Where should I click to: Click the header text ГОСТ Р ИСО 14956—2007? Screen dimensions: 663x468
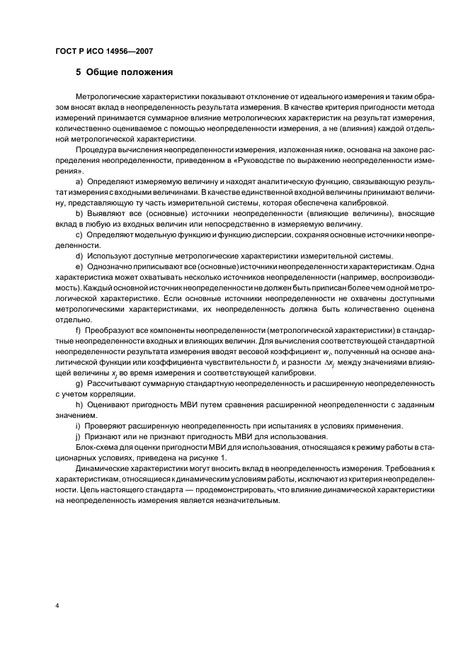[x=104, y=52]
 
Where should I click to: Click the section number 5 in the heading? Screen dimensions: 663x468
[x=79, y=72]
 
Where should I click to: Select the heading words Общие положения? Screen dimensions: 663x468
[x=130, y=72]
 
